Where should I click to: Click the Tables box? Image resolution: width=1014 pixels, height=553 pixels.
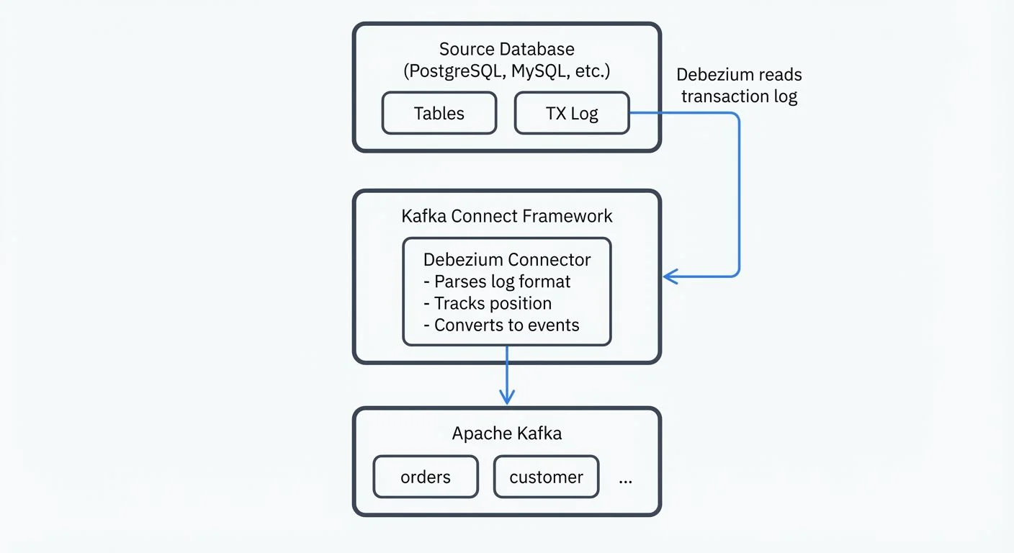pos(439,113)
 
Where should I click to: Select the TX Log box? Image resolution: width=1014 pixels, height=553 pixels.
pos(572,113)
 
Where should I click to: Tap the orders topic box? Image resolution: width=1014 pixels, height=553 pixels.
pos(426,477)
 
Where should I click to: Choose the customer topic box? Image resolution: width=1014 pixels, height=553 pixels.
pos(546,477)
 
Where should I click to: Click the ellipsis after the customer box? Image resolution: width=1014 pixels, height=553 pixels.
pos(625,479)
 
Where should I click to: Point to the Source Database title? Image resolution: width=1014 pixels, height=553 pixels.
pos(506,50)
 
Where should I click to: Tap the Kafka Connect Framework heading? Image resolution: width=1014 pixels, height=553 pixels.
pos(506,216)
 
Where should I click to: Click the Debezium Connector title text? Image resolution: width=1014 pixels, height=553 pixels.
pos(506,260)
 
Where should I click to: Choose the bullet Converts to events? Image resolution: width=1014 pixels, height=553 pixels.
pos(501,325)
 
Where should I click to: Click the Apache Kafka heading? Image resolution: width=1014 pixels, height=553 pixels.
pos(506,433)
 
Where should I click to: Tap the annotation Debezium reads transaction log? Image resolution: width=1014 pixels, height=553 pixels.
pos(739,86)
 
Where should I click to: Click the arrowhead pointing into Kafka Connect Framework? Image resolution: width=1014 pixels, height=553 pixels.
pos(669,276)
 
